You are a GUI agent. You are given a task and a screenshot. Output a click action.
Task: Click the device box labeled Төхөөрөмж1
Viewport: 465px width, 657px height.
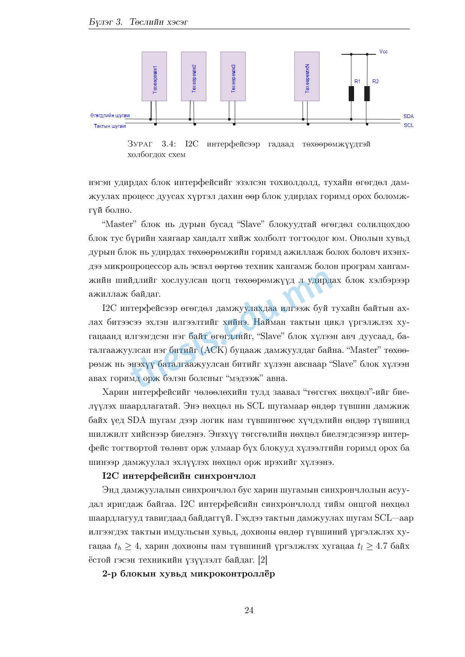pos(154,76)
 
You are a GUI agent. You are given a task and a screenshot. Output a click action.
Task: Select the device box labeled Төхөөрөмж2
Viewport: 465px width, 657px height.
pos(193,76)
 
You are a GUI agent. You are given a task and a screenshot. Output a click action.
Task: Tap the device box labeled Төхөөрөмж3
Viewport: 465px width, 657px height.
pos(233,76)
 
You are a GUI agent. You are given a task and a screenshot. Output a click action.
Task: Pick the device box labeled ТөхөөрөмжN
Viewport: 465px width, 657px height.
pos(307,76)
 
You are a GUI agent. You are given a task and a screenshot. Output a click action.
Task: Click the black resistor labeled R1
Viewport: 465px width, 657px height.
pos(351,94)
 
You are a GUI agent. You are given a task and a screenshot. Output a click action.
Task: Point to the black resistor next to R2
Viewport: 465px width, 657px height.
pos(367,94)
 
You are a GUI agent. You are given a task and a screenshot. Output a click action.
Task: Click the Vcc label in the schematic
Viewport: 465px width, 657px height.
pos(384,52)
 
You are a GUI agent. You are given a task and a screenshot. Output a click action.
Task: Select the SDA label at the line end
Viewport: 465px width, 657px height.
pos(408,116)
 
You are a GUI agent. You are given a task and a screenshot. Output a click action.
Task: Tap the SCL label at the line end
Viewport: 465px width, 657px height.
pos(408,125)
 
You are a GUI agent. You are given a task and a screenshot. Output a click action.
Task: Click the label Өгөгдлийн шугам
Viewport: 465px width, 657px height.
pos(110,115)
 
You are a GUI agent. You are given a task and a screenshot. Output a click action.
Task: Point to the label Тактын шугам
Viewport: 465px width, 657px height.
pos(110,126)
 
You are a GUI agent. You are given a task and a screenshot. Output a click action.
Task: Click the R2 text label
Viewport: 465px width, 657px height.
pos(375,81)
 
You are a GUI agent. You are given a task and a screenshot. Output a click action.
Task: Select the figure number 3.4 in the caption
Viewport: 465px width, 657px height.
pos(168,144)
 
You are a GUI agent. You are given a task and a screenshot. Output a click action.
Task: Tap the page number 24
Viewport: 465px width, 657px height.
pos(249,610)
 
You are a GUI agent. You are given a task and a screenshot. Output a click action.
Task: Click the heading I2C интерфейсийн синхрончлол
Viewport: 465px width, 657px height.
pos(179,476)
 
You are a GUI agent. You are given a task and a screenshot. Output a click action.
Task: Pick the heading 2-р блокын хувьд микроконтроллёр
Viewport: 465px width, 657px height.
pos(189,574)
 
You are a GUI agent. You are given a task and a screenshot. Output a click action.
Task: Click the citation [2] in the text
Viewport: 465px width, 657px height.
pos(262,560)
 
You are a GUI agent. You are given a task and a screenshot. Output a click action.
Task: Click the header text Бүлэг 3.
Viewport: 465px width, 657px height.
pos(106,22)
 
